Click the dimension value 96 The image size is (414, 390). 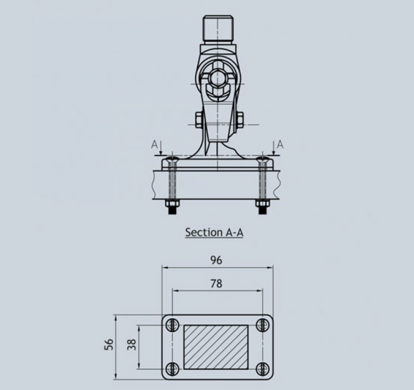[x=216, y=260]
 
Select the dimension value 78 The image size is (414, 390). [x=216, y=284]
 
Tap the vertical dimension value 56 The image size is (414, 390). [x=109, y=344]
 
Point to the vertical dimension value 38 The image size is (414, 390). [x=132, y=344]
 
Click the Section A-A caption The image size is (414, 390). [x=214, y=232]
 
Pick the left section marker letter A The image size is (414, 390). [x=154, y=145]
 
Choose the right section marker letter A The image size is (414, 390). [x=280, y=145]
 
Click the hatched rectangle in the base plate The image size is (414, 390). [x=216, y=347]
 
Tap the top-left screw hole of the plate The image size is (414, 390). [x=172, y=325]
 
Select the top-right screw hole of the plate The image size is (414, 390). [x=263, y=325]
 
